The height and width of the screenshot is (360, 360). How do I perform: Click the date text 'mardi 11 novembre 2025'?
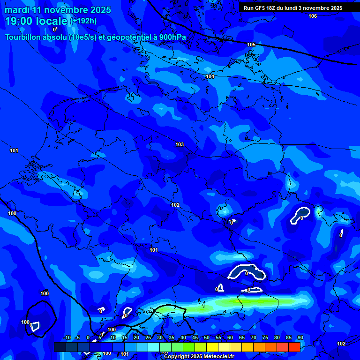58,10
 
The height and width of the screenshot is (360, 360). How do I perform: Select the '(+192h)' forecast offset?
83,21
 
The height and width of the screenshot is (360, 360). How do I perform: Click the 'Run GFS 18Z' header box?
293,8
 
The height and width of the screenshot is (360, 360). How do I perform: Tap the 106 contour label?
313,16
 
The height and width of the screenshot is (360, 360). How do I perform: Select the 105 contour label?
251,45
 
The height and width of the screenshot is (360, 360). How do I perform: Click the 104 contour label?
210,76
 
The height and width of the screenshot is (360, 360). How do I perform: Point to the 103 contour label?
180,144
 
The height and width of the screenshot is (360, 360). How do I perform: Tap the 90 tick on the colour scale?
300,337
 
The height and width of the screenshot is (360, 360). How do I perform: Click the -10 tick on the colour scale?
67,337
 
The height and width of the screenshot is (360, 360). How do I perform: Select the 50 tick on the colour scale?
207,337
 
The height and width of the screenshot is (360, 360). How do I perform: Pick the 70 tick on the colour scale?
254,337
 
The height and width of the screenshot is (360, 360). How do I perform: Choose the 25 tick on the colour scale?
148,337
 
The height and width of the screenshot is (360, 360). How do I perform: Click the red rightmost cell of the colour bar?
294,347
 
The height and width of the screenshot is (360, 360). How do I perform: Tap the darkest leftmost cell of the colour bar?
60,347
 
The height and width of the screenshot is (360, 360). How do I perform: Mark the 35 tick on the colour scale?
172,337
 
